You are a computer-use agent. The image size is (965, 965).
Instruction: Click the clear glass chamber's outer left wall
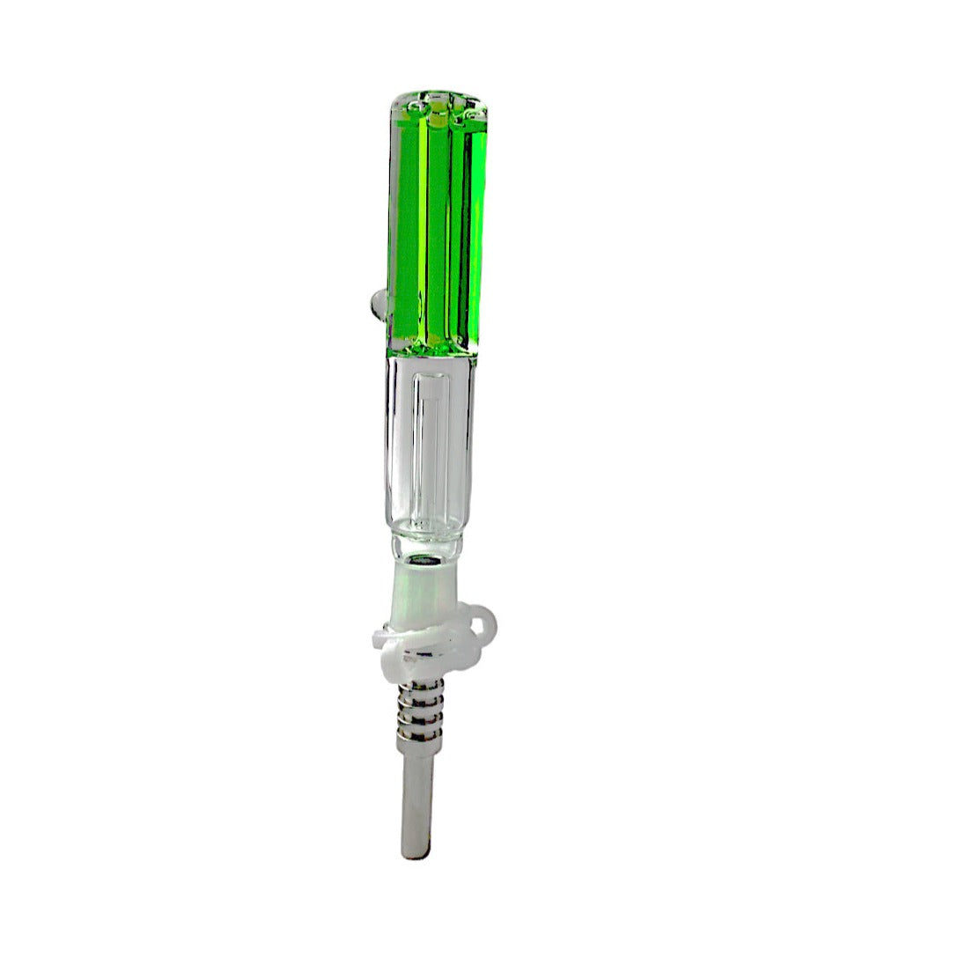387,458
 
